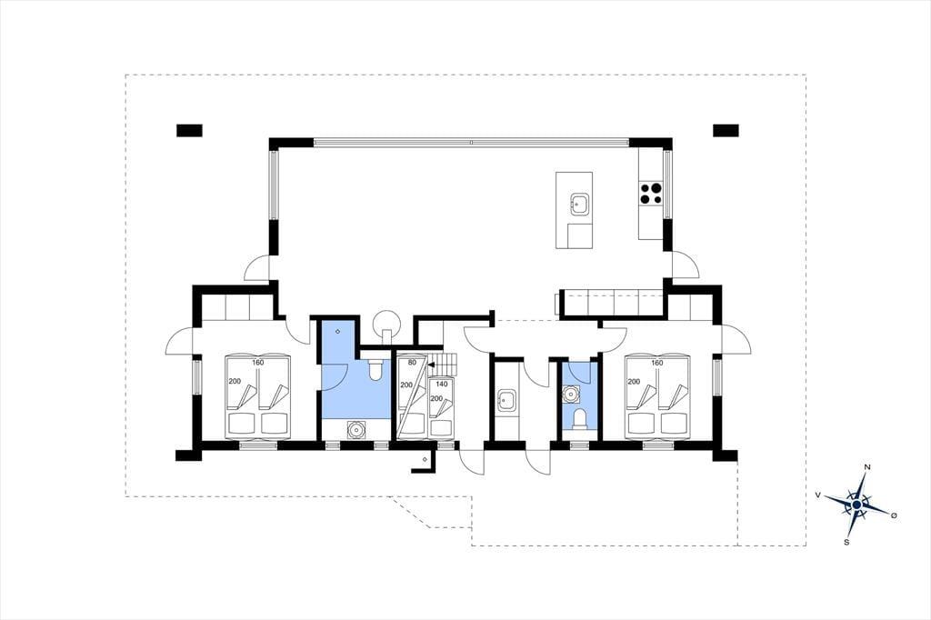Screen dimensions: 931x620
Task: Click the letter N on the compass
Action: (867, 467)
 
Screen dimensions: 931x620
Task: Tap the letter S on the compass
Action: (846, 542)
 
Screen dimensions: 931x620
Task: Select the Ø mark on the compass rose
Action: (894, 515)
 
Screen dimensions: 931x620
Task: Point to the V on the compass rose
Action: (818, 495)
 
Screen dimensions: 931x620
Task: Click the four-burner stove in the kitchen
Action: (651, 194)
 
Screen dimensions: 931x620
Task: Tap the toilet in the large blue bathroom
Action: (375, 369)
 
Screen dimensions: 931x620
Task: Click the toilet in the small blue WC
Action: (579, 419)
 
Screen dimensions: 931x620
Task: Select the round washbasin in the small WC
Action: (572, 393)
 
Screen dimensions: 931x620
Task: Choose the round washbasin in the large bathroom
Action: (355, 429)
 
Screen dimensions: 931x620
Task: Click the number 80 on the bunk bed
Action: (413, 362)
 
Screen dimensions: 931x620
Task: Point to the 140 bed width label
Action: (441, 385)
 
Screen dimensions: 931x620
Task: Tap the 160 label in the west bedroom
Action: (257, 362)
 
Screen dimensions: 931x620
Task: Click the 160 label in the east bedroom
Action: (656, 363)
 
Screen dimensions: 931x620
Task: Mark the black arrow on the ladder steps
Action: (433, 365)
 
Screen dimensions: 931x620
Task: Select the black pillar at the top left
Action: (189, 130)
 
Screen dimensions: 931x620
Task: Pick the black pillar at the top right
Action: (726, 130)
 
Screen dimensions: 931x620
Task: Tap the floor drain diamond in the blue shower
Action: (338, 331)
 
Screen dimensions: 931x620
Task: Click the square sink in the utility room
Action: (506, 400)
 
